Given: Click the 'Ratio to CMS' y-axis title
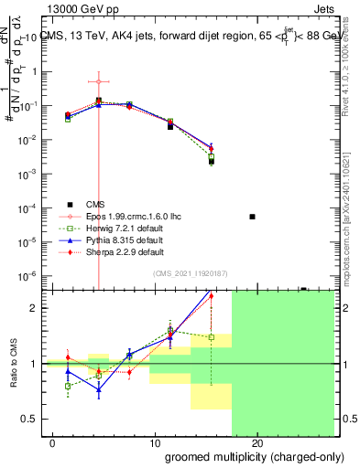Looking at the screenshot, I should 15,364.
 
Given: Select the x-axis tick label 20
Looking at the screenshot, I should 257,443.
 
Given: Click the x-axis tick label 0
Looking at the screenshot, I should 53,443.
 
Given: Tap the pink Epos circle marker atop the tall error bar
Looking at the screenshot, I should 99,81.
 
